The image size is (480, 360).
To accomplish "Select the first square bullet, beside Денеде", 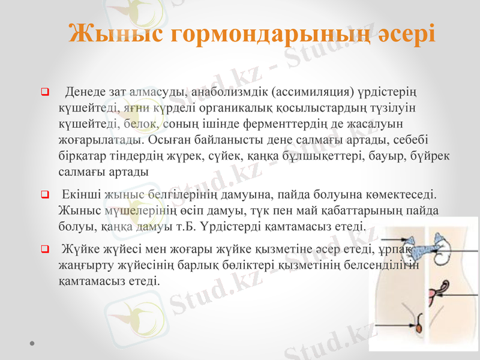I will pos(44,92).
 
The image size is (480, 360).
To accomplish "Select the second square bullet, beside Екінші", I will pos(44,194).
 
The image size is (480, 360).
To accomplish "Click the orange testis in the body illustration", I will pos(416,328).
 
